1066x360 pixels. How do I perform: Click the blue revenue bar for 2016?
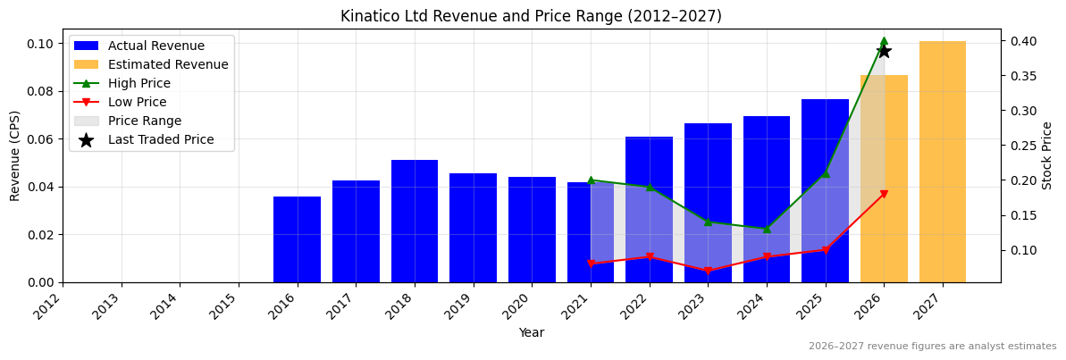297,239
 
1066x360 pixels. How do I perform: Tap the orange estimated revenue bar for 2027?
943,162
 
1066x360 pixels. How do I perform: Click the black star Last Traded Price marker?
884,51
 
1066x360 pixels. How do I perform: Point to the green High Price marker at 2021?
591,180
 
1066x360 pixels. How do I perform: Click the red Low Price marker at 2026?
884,194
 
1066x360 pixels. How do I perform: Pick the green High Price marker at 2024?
767,229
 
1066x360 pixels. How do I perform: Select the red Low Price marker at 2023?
708,271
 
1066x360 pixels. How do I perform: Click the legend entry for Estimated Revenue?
168,64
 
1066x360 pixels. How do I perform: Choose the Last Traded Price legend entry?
161,139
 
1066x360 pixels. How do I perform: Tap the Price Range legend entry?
145,121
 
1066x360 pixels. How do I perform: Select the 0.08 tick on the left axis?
41,91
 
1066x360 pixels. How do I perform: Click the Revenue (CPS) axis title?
15,155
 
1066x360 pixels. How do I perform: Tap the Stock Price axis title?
1048,155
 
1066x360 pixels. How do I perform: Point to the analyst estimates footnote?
932,347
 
